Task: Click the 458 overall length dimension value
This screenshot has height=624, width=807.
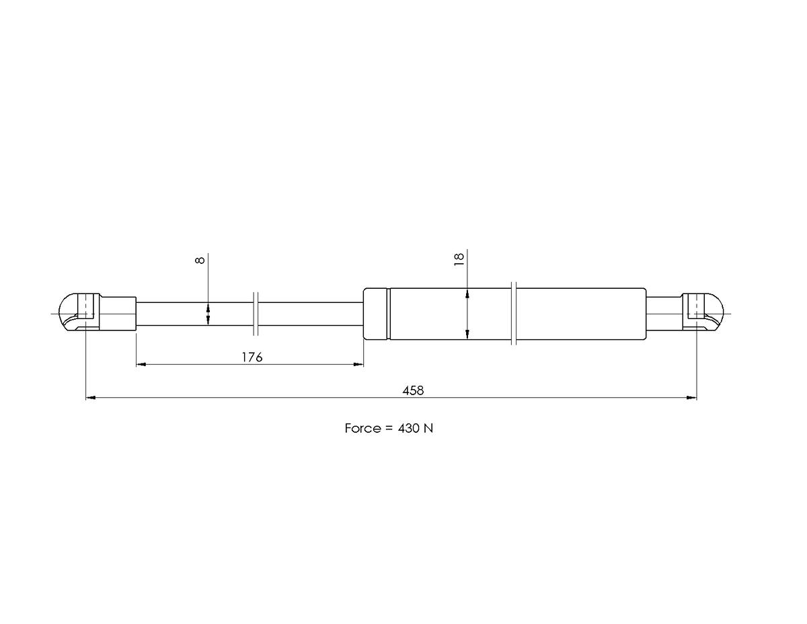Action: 413,390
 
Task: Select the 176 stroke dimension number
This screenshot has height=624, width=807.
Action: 252,357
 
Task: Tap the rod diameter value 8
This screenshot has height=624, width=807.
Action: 200,260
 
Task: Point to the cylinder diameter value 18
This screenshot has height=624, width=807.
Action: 459,259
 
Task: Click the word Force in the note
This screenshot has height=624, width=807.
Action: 363,429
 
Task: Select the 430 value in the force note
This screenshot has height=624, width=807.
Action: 409,429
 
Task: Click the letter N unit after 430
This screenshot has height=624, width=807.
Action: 428,429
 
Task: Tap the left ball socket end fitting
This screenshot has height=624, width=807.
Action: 79,312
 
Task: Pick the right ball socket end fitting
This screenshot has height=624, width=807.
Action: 703,312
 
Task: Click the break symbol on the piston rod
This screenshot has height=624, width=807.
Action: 256,314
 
